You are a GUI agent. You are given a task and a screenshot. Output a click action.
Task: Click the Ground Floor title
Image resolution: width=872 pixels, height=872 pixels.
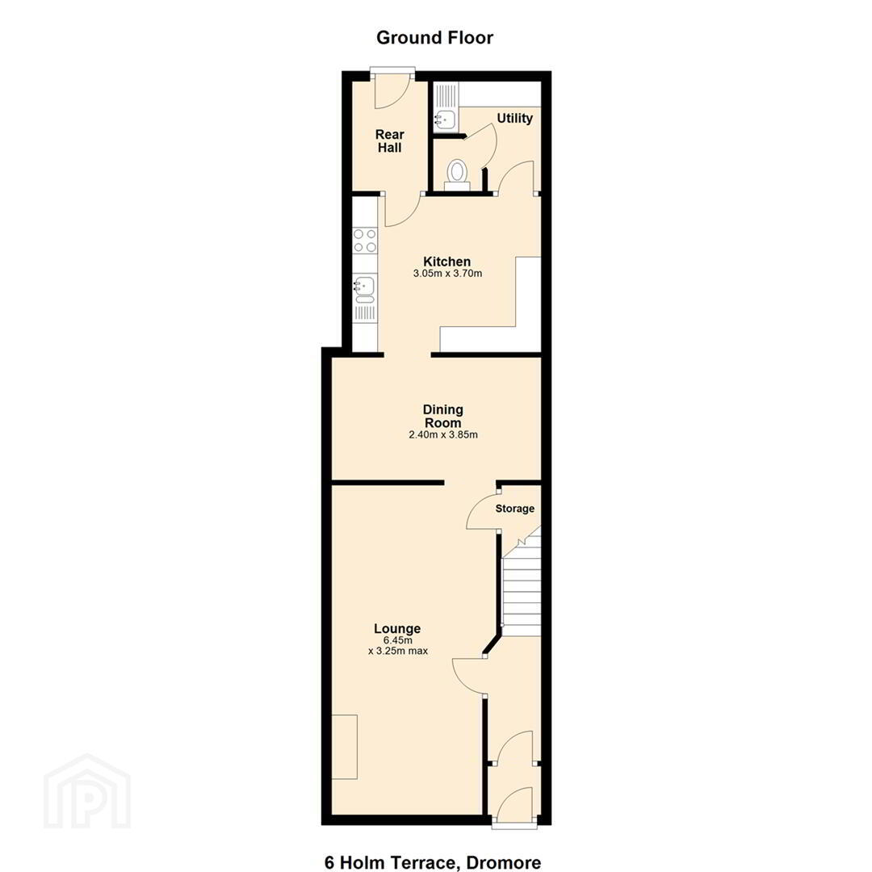pyautogui.click(x=434, y=38)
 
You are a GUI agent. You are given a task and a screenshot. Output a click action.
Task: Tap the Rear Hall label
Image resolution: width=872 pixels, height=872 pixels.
pyautogui.click(x=389, y=140)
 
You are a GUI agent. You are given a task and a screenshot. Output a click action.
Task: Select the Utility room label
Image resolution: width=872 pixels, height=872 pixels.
pyautogui.click(x=514, y=119)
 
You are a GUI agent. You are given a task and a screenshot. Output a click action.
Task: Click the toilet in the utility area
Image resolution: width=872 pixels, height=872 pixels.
pyautogui.click(x=457, y=174)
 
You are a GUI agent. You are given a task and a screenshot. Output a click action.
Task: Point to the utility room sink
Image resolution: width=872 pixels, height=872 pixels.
pyautogui.click(x=445, y=119)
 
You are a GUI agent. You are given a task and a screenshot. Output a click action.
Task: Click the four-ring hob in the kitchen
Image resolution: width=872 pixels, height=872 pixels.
pyautogui.click(x=365, y=241)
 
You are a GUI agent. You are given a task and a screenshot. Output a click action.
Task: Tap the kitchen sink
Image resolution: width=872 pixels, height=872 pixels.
pyautogui.click(x=365, y=291)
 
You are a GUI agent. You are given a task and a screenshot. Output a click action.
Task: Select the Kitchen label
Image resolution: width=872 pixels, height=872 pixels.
pyautogui.click(x=446, y=262)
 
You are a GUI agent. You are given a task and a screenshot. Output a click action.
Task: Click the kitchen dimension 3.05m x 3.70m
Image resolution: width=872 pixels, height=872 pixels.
pyautogui.click(x=447, y=274)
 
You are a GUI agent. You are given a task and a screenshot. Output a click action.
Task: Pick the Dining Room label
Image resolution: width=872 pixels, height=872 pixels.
pyautogui.click(x=443, y=416)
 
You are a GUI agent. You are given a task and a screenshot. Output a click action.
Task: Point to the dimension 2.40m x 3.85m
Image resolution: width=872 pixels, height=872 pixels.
pyautogui.click(x=443, y=435)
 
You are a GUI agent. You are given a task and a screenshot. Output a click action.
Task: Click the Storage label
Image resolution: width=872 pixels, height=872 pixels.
pyautogui.click(x=515, y=509)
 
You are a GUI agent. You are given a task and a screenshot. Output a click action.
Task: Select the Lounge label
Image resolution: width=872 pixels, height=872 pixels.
pyautogui.click(x=397, y=628)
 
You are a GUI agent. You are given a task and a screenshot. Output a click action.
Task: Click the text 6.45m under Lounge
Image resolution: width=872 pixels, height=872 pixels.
pyautogui.click(x=397, y=640)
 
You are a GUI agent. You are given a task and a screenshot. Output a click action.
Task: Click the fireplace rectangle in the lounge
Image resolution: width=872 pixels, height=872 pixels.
pyautogui.click(x=345, y=747)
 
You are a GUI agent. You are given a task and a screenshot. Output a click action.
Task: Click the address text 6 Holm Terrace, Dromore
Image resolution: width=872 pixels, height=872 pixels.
pyautogui.click(x=433, y=862)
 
